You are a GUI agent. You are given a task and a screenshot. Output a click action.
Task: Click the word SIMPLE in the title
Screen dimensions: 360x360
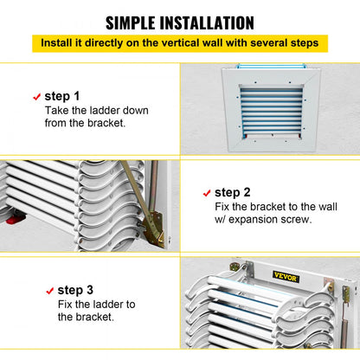coord(137,22)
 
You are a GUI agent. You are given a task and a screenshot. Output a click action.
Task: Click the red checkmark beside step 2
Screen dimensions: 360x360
coord(206,193)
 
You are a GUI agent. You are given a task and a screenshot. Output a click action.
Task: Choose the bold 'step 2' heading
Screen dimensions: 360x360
coord(233,192)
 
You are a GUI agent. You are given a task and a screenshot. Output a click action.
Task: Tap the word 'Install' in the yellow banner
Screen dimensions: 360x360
coord(60,43)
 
